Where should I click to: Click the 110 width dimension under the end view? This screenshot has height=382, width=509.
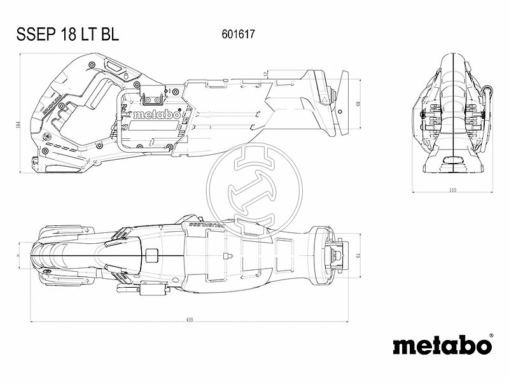pos(453,190)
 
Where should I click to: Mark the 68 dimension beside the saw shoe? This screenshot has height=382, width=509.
pos(359,104)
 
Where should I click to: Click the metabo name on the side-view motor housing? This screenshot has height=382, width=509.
pos(155,115)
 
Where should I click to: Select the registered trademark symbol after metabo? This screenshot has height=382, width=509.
pos(491,336)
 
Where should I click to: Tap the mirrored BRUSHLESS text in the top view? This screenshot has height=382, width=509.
pos(208,225)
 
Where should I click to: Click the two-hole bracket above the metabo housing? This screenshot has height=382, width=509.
pos(151,99)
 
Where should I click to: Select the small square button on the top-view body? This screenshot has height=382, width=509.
pos(151,255)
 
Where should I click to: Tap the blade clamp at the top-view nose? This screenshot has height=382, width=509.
pos(335,256)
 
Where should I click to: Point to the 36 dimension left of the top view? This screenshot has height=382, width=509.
pos(18,256)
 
